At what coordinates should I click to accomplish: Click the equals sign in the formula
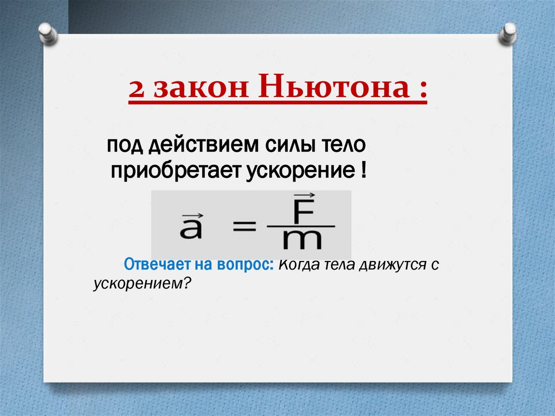click(244, 227)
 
